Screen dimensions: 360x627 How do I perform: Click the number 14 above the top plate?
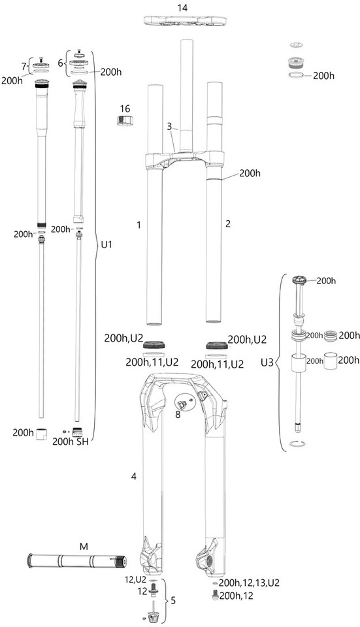pos(182,8)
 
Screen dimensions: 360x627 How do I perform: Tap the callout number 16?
pos(125,109)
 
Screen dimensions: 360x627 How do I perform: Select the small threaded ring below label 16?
pos(125,120)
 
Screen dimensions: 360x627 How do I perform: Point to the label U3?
pos(267,363)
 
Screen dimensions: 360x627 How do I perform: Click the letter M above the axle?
pos(84,547)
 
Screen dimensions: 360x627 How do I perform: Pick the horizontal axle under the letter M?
pos(77,560)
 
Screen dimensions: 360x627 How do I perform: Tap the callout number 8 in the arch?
pos(178,414)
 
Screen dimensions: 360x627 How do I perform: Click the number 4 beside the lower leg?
pos(133,476)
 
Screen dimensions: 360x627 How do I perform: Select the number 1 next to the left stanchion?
pos(139,225)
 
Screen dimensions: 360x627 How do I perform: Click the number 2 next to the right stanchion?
pos(228,224)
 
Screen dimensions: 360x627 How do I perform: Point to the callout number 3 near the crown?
pos(170,127)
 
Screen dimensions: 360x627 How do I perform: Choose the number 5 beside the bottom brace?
pos(172,600)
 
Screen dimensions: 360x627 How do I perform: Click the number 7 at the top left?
pos(24,65)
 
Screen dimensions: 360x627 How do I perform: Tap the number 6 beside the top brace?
pos(60,63)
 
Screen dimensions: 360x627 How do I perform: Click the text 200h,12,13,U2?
pos(249,583)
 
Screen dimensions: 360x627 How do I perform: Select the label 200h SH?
pos(71,442)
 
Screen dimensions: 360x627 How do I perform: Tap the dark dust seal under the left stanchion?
pos(154,345)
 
